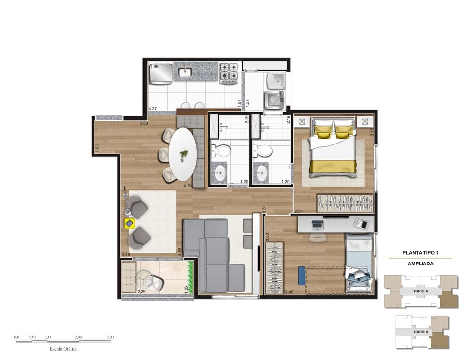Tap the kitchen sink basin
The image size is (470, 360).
tap(185, 72)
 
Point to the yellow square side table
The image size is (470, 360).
tap(129, 223)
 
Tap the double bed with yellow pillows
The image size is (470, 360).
tap(333, 148)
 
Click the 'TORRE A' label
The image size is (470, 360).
tap(420, 290)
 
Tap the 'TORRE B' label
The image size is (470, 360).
tap(420, 332)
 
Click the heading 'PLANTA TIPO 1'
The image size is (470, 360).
tap(420, 253)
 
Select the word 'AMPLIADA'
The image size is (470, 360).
tap(420, 263)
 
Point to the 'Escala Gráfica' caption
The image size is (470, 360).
tap(63, 349)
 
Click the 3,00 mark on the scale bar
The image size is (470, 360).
tap(109, 337)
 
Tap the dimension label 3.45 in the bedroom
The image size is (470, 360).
tap(289, 292)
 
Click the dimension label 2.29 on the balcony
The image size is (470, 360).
tap(142, 292)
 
